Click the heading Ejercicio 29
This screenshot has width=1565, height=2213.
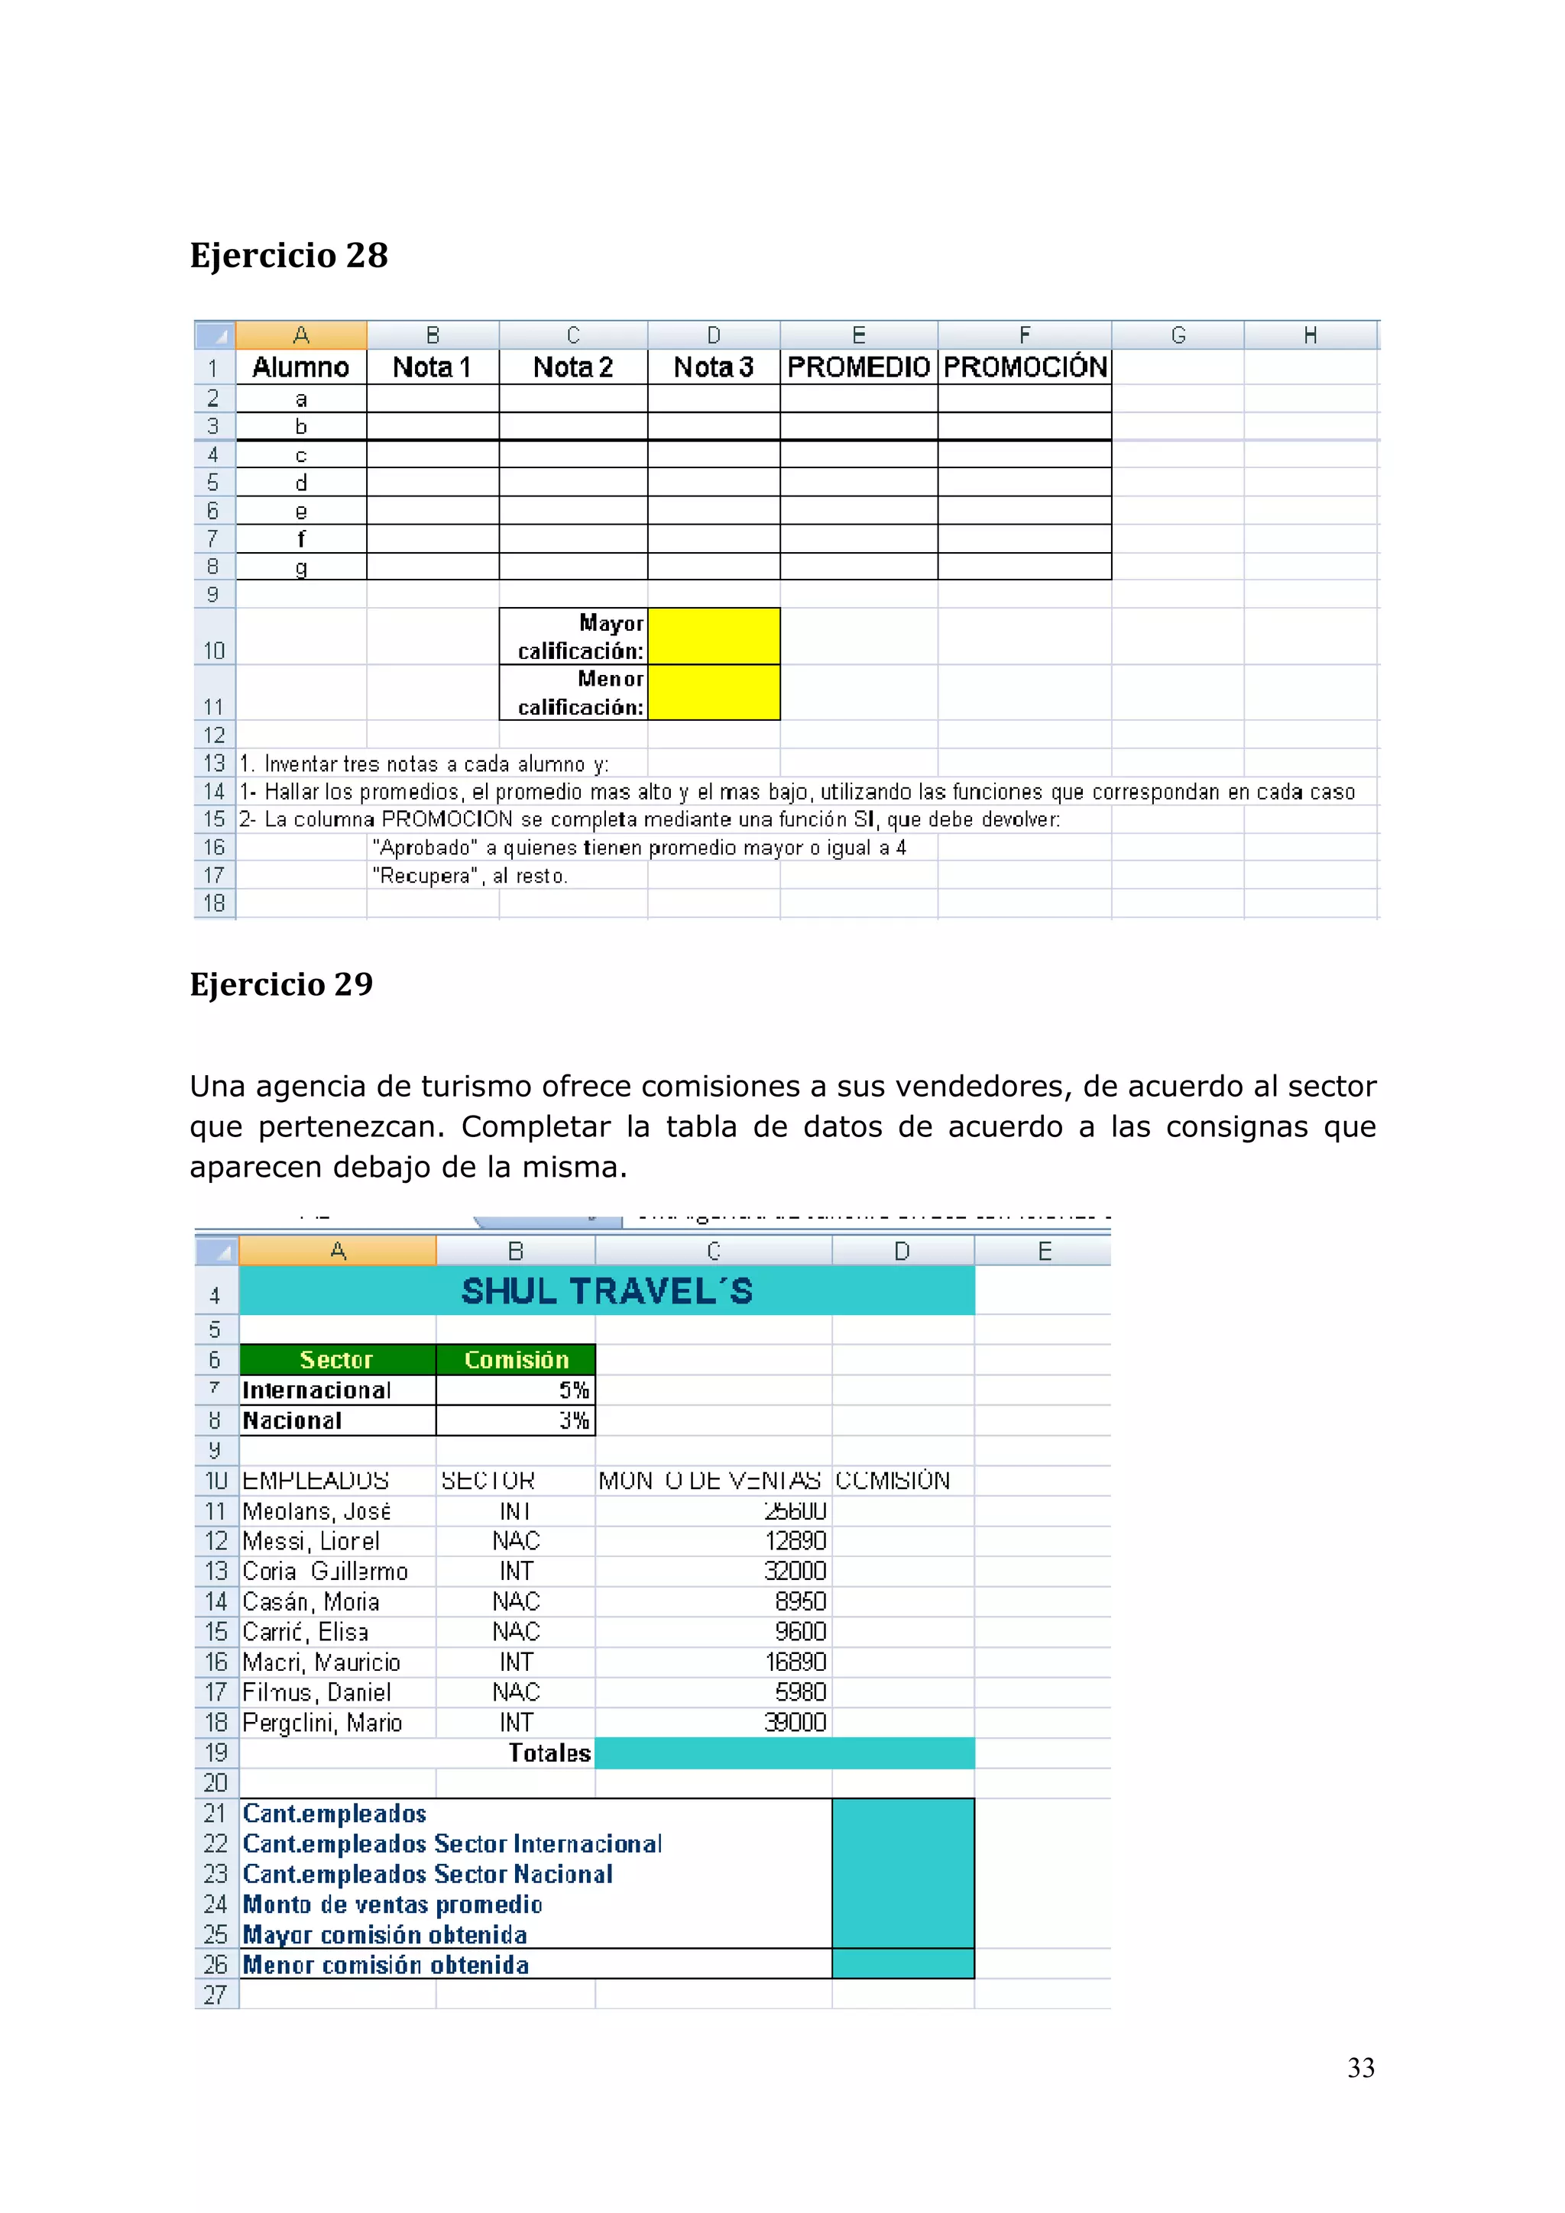[280, 984]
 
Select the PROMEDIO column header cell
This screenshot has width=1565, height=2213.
[858, 367]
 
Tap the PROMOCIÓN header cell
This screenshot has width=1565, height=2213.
[1025, 367]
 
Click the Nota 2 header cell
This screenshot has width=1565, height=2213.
[573, 367]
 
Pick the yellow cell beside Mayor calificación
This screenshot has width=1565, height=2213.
[714, 636]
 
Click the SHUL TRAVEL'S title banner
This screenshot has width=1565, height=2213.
[607, 1291]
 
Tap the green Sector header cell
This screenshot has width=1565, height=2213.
[336, 1360]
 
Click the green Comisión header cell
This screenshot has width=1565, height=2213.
[516, 1360]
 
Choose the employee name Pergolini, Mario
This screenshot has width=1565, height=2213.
[322, 1723]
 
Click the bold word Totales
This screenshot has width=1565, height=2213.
[549, 1753]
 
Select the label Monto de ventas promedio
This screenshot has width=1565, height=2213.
[393, 1904]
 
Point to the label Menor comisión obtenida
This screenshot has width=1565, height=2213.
[386, 1966]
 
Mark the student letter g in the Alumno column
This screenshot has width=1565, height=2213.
[301, 567]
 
